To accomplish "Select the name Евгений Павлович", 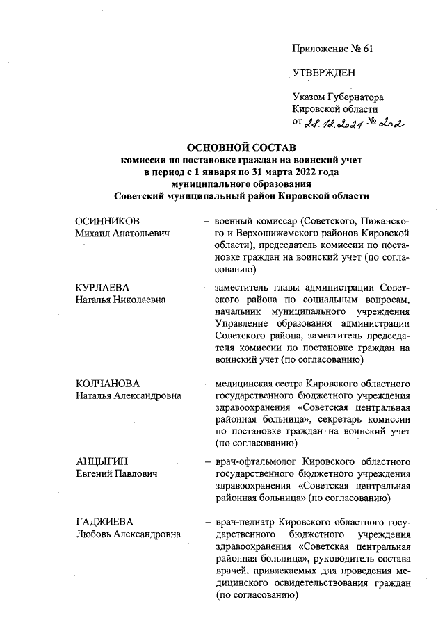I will pyautogui.click(x=115, y=474).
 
